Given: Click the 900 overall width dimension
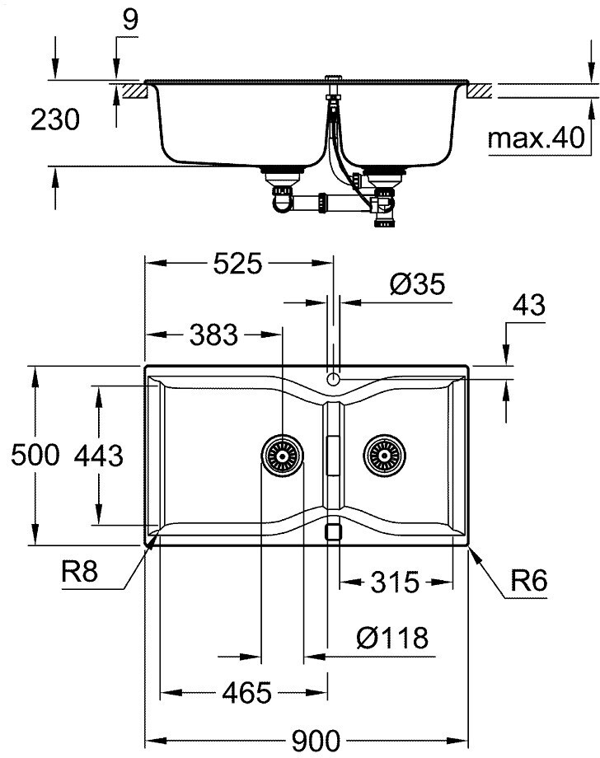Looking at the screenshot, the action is tap(316, 741).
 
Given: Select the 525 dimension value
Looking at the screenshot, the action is tap(238, 264).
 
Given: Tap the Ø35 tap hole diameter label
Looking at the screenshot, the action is tap(417, 284).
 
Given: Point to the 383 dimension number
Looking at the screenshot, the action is tap(213, 335).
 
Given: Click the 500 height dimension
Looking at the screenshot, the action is tap(35, 456).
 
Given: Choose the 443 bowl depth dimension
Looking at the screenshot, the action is tap(99, 456).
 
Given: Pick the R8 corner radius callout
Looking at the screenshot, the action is tap(80, 572).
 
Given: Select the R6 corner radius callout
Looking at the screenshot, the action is tap(529, 581).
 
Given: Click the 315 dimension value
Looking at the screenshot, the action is tap(395, 583).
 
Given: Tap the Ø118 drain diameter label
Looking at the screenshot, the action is tap(392, 638).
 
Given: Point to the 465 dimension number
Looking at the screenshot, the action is tap(247, 693).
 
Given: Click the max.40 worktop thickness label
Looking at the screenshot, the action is tap(537, 138).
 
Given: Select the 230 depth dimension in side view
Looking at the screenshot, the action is tap(55, 120).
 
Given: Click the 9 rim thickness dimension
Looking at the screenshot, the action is tap(130, 20).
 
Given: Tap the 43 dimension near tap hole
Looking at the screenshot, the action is tap(529, 306).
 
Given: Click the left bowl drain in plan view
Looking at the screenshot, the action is tap(283, 456).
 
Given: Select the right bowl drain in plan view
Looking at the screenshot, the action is tap(384, 456).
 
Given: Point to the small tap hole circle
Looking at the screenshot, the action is tap(333, 378).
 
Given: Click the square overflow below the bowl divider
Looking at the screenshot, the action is tap(333, 531).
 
